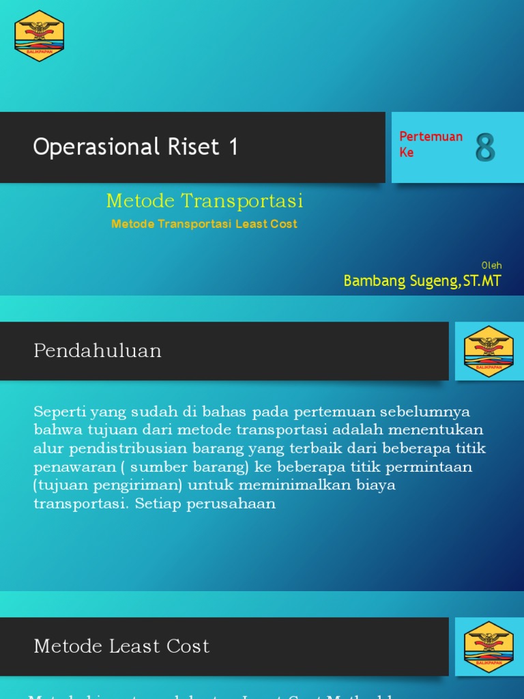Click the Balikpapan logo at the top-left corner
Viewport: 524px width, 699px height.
40,36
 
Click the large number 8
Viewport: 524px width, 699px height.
485,147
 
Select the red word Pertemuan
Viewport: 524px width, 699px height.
431,137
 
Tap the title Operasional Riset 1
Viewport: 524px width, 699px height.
136,147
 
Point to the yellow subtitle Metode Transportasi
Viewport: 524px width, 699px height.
205,201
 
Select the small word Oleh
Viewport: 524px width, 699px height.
491,265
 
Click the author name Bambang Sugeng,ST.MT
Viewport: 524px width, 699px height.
422,281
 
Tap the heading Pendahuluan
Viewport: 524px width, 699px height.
98,351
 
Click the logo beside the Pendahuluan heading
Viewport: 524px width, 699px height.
489,352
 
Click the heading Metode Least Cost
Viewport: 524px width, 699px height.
121,646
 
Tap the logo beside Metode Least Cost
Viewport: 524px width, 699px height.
489,647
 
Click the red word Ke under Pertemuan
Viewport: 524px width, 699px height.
407,152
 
